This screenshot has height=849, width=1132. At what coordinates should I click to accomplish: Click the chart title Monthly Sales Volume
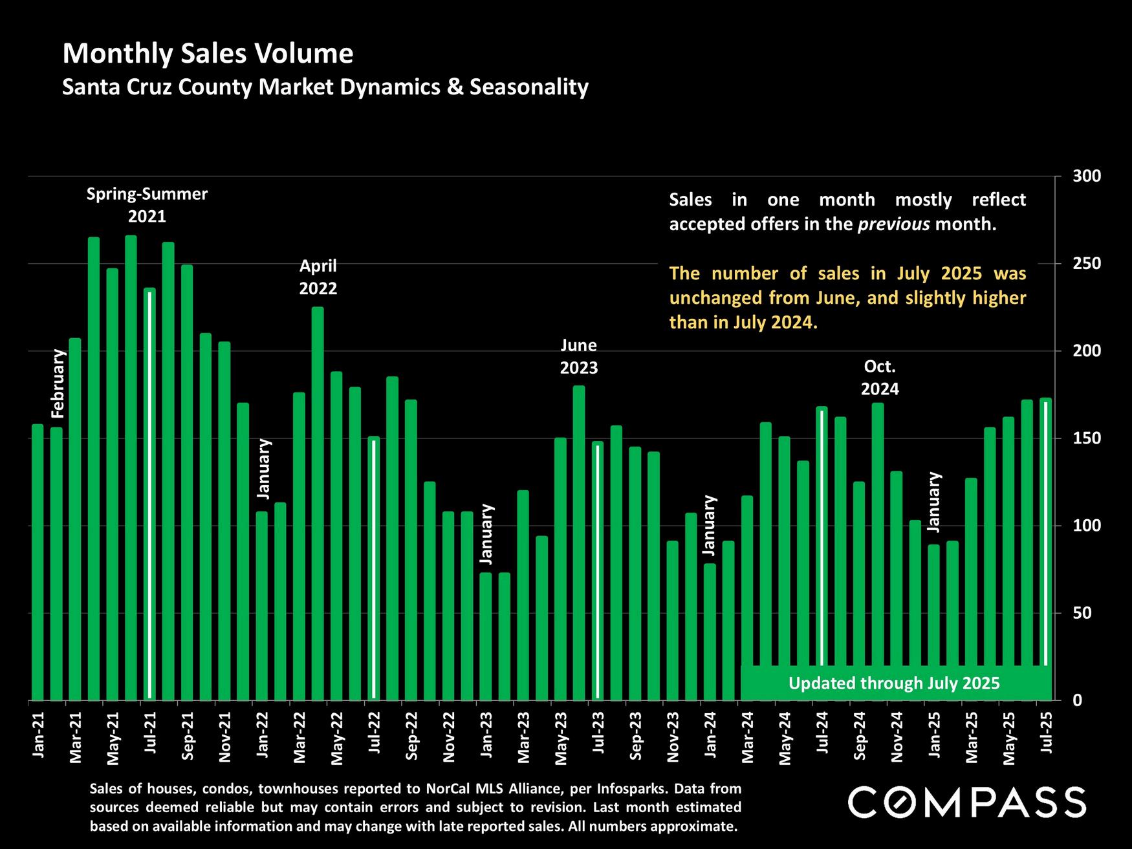click(208, 54)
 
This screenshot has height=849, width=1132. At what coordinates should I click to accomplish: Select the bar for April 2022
click(318, 504)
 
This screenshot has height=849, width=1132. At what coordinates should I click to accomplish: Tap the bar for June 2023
click(579, 543)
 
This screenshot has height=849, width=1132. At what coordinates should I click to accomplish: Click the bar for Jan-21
click(38, 563)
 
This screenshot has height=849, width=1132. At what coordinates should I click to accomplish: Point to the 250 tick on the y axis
click(1082, 264)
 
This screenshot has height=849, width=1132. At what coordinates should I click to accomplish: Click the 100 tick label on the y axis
click(1082, 526)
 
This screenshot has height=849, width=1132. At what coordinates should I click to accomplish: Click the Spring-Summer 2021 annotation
click(147, 204)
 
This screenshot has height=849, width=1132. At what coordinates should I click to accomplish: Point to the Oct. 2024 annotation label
click(880, 378)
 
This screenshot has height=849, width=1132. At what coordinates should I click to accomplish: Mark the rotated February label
click(58, 383)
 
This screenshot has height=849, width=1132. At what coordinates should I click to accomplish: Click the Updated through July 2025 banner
click(894, 683)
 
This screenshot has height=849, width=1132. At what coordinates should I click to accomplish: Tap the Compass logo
click(966, 802)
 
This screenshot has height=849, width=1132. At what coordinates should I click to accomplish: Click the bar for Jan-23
click(486, 637)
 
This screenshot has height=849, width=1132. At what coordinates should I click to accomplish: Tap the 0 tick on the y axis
click(1077, 700)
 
